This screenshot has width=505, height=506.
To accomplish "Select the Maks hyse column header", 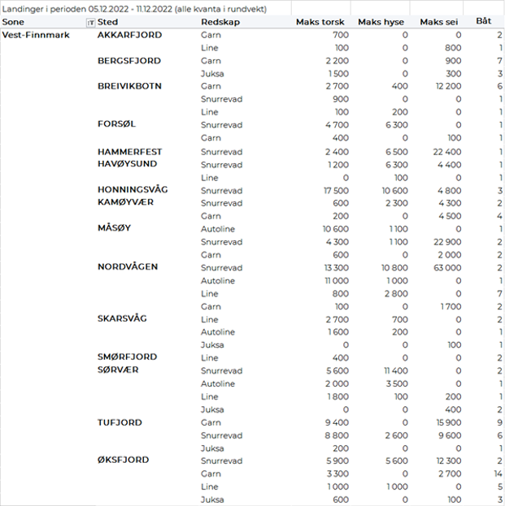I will (382, 22).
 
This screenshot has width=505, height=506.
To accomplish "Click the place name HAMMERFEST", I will (129, 151).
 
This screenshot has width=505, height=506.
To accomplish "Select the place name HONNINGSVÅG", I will (133, 189).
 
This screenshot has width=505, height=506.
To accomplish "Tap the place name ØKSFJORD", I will (123, 460).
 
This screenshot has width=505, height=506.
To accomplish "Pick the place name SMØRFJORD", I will (127, 357).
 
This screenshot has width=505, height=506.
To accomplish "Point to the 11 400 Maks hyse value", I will (394, 370).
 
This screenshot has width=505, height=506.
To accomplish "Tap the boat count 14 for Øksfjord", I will (497, 474).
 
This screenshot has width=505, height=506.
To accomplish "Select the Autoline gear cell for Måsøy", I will (217, 229).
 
